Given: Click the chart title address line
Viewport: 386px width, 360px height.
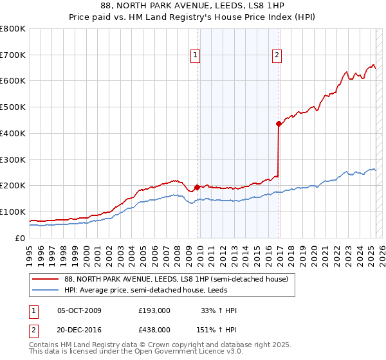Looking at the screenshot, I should pyautogui.click(x=193, y=5).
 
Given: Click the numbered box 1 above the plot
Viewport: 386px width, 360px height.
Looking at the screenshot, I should pyautogui.click(x=196, y=56).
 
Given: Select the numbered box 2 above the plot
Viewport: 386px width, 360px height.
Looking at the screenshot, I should pyautogui.click(x=277, y=56).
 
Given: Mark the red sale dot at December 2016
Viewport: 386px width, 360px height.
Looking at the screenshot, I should pyautogui.click(x=279, y=123).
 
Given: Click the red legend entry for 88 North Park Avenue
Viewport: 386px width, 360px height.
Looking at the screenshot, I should pyautogui.click(x=179, y=280).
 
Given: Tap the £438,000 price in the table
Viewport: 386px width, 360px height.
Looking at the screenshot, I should pyautogui.click(x=154, y=329).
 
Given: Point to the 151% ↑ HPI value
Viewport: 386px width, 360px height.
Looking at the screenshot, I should pyautogui.click(x=217, y=329).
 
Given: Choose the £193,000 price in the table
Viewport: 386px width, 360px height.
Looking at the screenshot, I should pyautogui.click(x=154, y=311).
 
